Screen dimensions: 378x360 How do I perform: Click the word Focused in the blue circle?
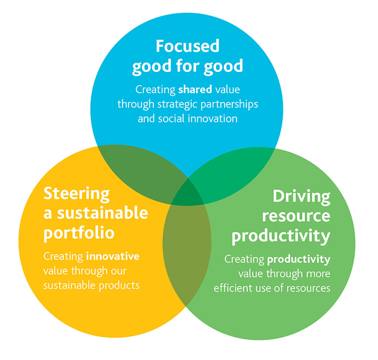click(187, 46)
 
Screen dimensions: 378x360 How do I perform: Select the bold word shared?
click(195, 90)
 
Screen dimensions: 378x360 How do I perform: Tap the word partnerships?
click(230, 104)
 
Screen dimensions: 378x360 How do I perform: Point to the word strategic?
click(178, 105)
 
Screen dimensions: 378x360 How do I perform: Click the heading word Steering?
click(77, 194)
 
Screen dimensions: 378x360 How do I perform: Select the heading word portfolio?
click(79, 234)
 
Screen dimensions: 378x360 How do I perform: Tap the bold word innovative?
click(112, 256)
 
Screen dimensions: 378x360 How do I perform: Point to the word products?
click(119, 285)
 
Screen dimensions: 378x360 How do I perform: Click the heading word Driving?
click(301, 197)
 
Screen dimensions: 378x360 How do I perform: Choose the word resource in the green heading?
click(296, 216)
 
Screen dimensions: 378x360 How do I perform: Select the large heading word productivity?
click(281, 236)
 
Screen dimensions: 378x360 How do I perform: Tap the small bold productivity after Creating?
click(299, 259)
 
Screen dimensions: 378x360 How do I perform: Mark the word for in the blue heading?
click(187, 65)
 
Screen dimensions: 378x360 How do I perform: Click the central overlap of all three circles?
click(187, 193)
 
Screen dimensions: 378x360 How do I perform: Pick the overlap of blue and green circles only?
click(232, 169)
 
